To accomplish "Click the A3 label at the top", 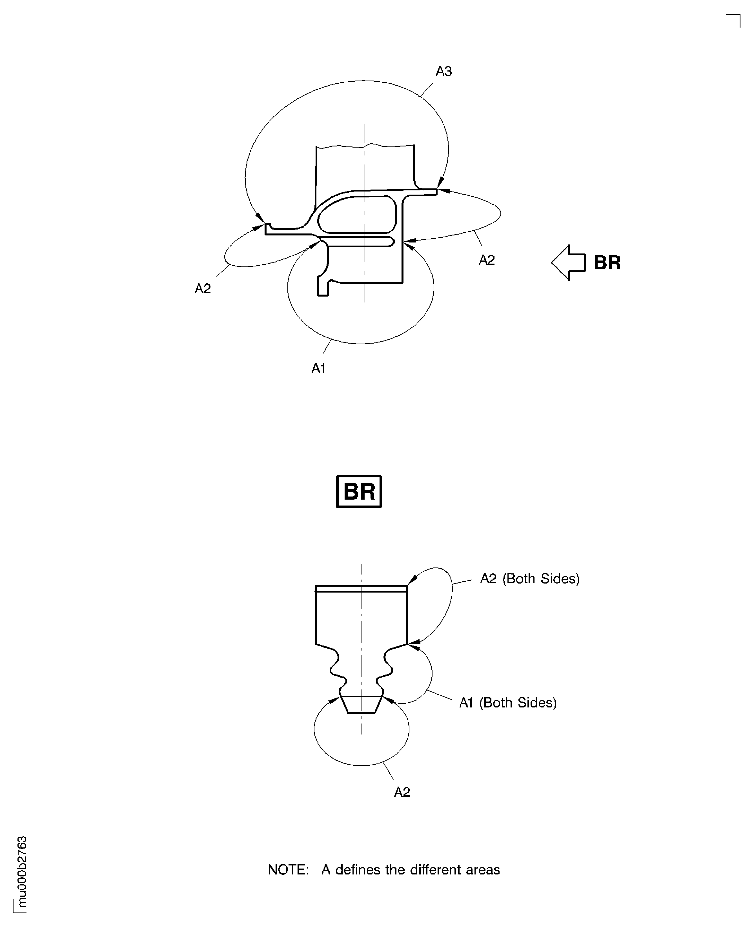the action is click(x=443, y=71).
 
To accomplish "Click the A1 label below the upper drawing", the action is click(x=318, y=369).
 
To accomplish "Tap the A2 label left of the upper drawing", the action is click(x=202, y=288).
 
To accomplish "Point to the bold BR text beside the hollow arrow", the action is click(x=607, y=263).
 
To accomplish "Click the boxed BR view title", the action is click(x=359, y=491).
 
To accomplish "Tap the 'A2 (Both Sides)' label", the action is click(x=529, y=579).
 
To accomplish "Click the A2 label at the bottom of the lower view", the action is click(x=402, y=792).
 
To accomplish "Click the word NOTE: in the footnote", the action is click(x=288, y=870).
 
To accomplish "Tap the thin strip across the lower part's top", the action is click(x=361, y=588).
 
